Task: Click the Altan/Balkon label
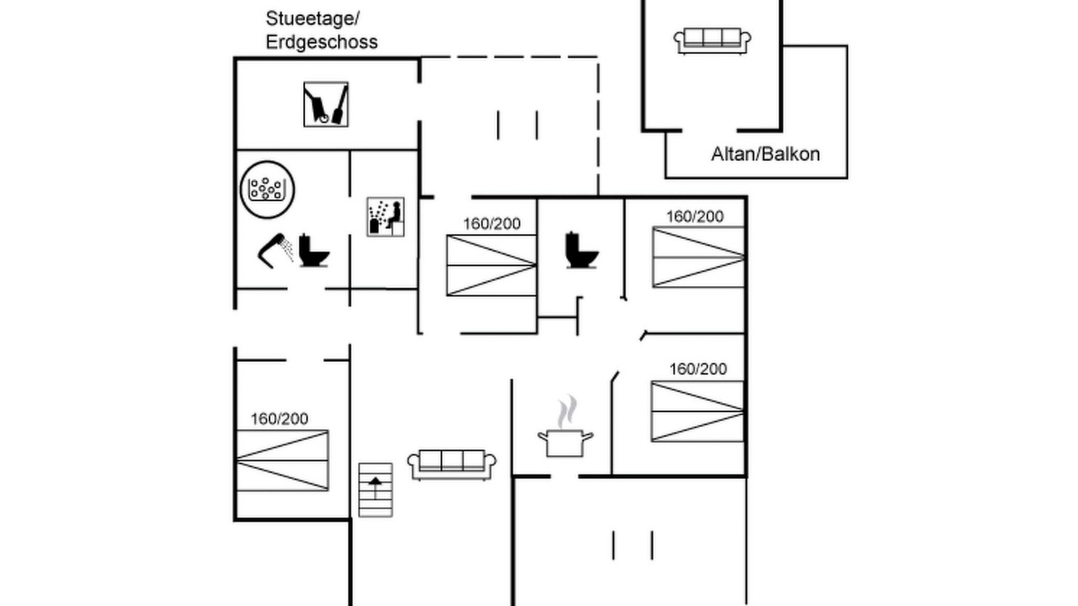766,154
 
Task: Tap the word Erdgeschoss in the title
322,42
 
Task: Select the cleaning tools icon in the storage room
326,104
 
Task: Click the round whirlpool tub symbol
267,189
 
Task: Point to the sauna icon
386,217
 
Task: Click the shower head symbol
275,251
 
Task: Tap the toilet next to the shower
314,250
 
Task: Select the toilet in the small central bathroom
582,250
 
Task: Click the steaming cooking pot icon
565,427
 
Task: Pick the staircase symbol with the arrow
376,490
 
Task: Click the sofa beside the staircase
452,465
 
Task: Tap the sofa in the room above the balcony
712,41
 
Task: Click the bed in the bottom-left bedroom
282,460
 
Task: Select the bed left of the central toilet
491,265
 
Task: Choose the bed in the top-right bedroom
698,258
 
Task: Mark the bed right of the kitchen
697,412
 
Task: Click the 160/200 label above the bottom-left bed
280,419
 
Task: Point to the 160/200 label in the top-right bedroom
695,217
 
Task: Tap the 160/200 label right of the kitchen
698,369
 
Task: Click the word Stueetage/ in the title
312,19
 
